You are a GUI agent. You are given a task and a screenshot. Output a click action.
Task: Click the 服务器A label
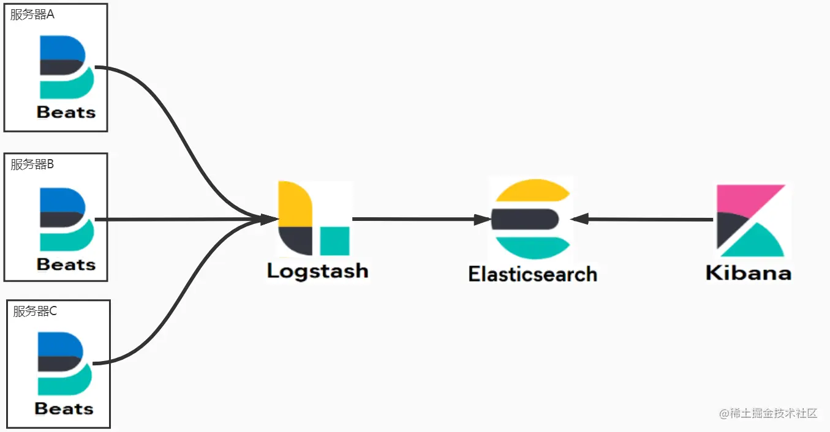point(32,15)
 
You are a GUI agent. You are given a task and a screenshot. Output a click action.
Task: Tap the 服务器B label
point(32,164)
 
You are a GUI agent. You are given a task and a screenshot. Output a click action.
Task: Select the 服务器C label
point(35,311)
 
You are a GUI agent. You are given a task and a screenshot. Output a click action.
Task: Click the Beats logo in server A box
point(66,67)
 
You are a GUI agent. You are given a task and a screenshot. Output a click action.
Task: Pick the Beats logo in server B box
point(66,219)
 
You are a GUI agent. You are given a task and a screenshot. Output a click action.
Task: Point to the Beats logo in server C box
point(64,363)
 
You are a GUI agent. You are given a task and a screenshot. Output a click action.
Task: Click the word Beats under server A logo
point(66,113)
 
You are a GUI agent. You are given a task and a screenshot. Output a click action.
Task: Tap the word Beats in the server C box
point(64,409)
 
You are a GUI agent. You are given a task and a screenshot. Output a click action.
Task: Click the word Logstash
point(317,271)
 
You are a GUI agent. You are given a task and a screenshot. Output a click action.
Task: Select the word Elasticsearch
point(532,274)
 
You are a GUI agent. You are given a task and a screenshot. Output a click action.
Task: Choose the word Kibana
point(748,273)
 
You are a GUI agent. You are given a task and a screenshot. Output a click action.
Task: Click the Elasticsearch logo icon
point(532,218)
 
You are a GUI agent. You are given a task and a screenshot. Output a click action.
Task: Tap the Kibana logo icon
point(751,220)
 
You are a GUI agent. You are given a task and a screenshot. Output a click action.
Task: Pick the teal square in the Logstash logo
point(334,240)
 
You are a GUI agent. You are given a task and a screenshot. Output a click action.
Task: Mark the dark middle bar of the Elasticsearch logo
point(525,218)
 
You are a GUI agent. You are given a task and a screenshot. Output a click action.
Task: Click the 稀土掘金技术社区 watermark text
point(768,413)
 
